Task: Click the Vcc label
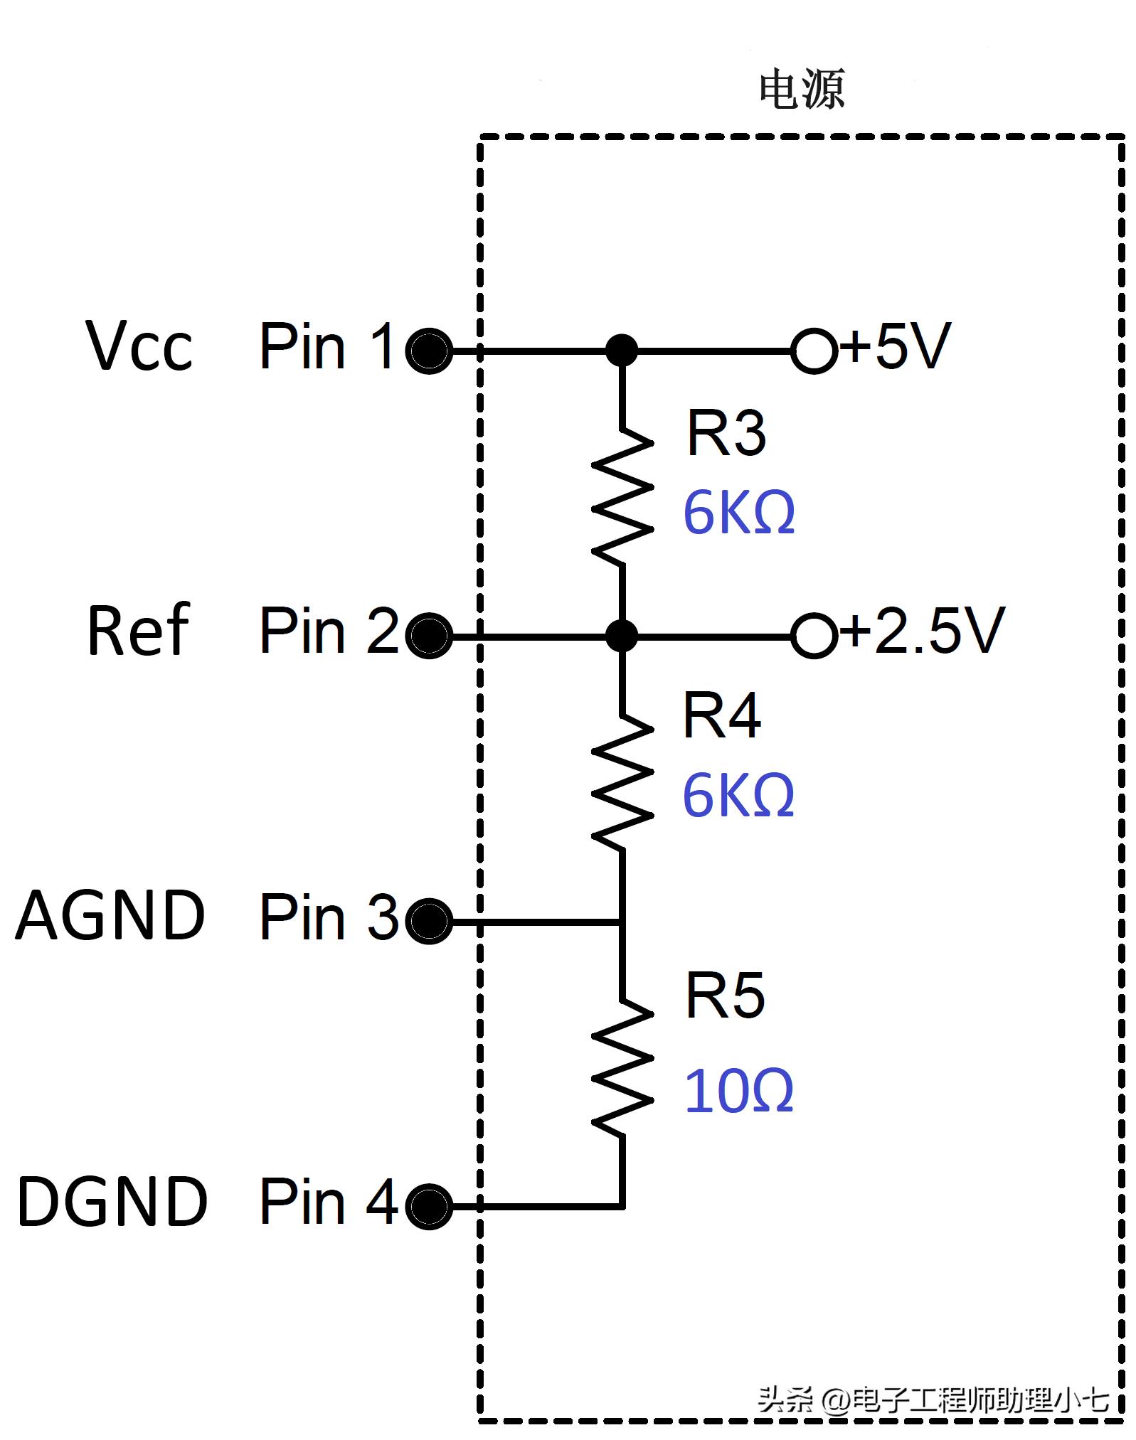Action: [139, 346]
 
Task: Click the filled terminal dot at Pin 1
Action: [429, 351]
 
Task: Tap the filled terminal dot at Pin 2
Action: [429, 635]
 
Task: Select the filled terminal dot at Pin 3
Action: [429, 921]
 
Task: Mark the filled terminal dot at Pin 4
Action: [429, 1206]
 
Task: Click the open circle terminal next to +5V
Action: [814, 351]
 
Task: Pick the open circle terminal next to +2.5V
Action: [814, 635]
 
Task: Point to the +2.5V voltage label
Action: [923, 631]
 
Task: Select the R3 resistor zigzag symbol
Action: [622, 496]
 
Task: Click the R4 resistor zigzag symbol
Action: [622, 781]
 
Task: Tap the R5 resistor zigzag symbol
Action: [622, 1065]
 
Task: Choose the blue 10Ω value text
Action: [738, 1091]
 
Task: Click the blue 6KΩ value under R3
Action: [738, 513]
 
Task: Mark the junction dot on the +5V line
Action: [622, 351]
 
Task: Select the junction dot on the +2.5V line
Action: [622, 635]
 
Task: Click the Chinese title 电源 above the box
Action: [802, 90]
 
